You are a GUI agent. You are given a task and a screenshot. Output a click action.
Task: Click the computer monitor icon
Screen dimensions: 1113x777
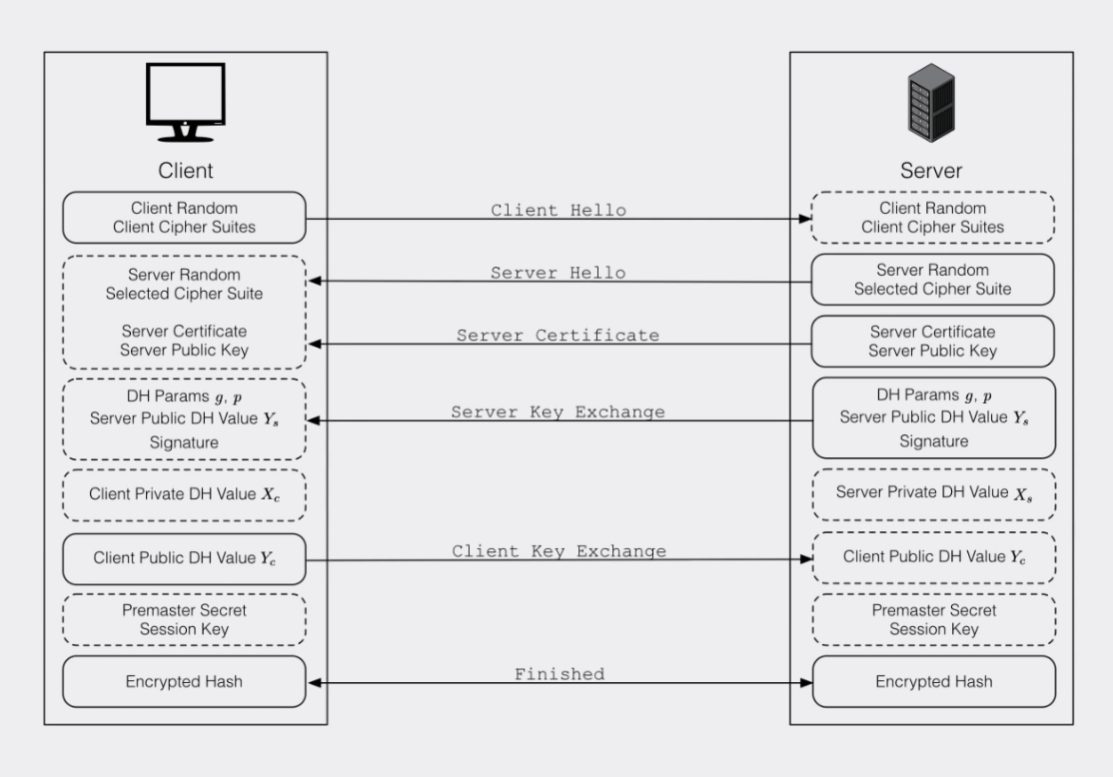coord(185,102)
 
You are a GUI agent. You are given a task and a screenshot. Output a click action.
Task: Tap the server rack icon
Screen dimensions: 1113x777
coord(931,103)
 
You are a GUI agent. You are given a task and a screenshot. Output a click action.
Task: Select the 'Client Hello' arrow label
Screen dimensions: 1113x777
coord(558,210)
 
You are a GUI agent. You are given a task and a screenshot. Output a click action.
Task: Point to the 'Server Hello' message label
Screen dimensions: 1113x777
coord(557,273)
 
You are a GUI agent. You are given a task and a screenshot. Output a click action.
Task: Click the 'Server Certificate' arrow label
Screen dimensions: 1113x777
coord(557,335)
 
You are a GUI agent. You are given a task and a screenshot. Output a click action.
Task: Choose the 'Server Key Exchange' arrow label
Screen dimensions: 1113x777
coord(557,411)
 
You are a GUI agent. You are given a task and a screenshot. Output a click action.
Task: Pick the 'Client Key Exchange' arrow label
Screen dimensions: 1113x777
coord(559,550)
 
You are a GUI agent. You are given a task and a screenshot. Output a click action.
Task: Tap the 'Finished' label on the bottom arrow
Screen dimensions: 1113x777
coord(559,673)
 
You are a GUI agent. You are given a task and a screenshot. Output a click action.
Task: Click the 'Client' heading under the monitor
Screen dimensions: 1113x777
coord(185,171)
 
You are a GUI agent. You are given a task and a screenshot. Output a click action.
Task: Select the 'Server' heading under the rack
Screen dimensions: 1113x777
coord(931,171)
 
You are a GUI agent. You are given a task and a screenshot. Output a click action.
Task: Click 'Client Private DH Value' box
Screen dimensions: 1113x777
coord(185,495)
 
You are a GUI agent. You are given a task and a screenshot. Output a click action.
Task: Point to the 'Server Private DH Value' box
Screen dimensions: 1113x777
coord(934,494)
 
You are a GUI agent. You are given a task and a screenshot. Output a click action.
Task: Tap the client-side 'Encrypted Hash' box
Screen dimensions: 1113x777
coord(185,681)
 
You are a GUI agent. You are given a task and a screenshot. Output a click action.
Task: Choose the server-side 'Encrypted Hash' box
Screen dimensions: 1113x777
coord(934,681)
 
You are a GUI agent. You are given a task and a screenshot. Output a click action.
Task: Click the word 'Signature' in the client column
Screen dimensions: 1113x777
coord(184,442)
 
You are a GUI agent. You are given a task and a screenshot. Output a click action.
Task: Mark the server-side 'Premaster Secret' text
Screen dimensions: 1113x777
coord(934,610)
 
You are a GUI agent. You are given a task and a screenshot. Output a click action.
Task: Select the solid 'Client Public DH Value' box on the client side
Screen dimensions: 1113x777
coord(185,559)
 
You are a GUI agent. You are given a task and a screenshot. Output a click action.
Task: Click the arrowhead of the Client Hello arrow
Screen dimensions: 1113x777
coord(805,219)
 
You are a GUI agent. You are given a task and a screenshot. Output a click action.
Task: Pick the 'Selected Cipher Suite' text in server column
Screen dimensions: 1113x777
coord(933,289)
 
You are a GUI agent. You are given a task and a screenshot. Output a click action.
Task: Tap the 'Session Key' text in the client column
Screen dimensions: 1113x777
coord(185,629)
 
